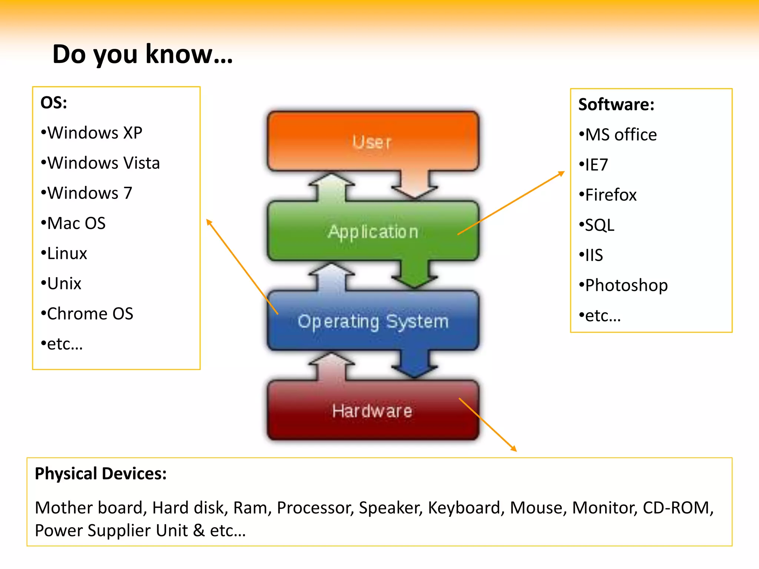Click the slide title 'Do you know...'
pos(143,54)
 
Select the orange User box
pos(372,142)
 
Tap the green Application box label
pos(372,232)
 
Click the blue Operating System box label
pos(372,321)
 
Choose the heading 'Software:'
pos(616,104)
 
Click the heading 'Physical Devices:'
pos(101,473)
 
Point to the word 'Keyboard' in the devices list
pos(464,508)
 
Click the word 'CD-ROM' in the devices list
pos(676,508)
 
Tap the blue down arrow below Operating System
pos(414,365)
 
